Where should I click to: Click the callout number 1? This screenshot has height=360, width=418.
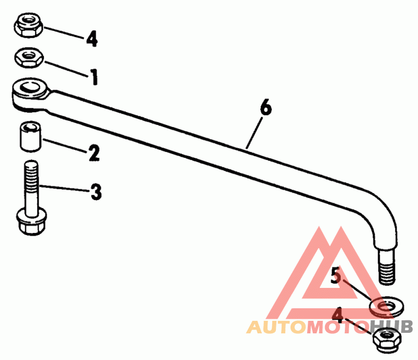coord(94,77)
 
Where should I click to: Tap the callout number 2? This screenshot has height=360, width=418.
coord(94,153)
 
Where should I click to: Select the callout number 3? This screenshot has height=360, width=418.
coord(96,192)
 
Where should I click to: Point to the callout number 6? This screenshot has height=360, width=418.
coord(265,108)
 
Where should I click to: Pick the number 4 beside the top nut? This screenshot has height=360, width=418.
coord(92,39)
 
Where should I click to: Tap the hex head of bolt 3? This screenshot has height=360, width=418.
coord(29,221)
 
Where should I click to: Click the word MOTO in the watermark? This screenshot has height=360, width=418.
coord(334,328)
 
